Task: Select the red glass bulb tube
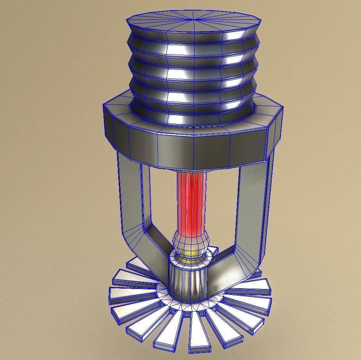191,203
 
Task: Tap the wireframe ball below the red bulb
191,243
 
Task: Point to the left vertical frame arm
129,195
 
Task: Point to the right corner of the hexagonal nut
282,117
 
